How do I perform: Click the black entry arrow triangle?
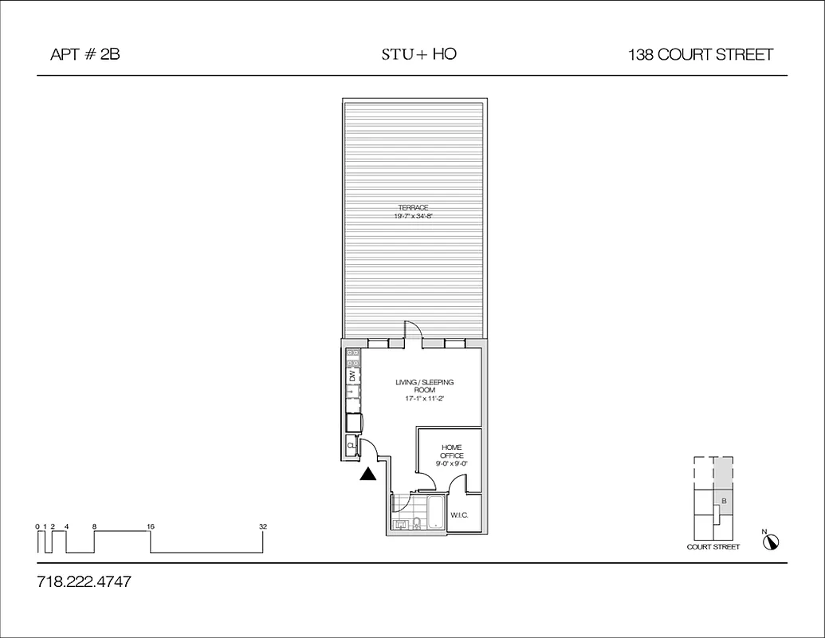367,475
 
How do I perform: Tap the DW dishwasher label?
352,375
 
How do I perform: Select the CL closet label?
351,447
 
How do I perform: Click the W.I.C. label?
458,515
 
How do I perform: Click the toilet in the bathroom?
417,523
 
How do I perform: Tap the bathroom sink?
401,524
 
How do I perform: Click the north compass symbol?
771,542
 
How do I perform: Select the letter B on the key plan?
723,501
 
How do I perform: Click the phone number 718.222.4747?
84,581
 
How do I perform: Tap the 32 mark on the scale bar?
262,526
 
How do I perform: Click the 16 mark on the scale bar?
151,526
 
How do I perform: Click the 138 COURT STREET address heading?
700,55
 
